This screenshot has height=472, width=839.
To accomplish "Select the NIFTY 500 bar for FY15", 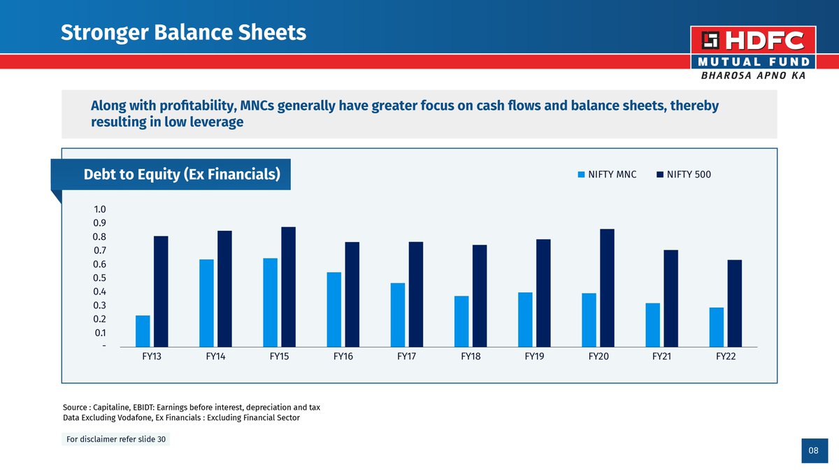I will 289,287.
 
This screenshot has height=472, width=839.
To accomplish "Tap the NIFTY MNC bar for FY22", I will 717,327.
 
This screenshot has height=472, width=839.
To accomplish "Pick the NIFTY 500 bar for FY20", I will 607,287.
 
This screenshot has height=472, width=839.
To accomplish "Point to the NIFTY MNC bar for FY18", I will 461,321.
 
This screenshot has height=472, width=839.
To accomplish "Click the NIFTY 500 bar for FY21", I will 671,298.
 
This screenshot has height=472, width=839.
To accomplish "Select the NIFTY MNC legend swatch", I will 580,175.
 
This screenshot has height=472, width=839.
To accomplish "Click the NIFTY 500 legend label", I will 689,175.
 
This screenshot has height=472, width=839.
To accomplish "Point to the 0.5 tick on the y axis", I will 99,278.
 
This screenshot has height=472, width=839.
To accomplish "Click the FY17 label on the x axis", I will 407,357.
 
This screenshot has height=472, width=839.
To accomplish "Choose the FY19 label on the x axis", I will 535,357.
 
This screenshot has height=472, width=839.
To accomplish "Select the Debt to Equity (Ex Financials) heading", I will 182,174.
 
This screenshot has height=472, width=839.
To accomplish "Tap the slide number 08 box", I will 813,451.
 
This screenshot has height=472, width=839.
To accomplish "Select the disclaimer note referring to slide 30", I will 116,440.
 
